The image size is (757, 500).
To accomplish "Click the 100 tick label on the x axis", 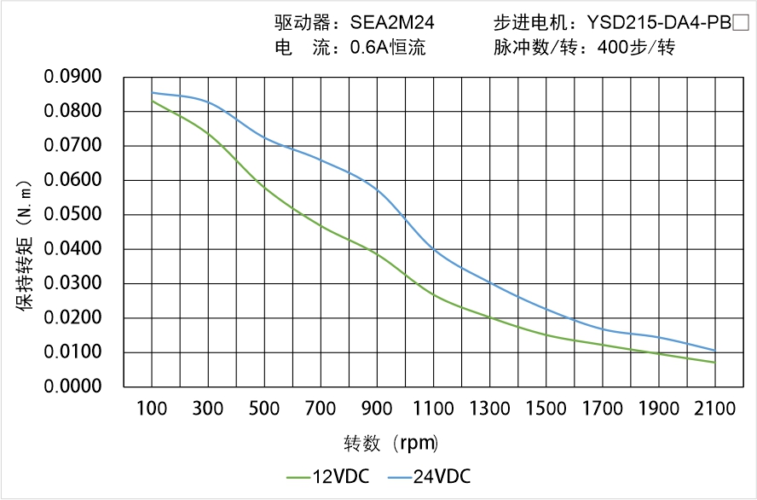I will (x=153, y=409).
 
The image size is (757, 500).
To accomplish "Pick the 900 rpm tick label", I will (x=378, y=409).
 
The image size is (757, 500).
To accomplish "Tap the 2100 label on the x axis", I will (x=714, y=409).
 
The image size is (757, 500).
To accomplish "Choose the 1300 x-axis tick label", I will (x=490, y=409).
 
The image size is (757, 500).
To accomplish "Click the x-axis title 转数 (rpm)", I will (x=390, y=444).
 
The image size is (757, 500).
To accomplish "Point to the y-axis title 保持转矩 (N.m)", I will (x=26, y=243).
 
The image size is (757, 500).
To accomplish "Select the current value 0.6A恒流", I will (x=387, y=48).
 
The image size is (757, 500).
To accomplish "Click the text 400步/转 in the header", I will (x=636, y=48).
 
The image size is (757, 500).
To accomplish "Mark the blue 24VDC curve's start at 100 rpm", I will (x=153, y=93).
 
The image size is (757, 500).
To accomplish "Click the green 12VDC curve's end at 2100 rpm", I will (x=714, y=363).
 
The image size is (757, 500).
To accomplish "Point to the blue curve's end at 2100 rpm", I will (x=714, y=351).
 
